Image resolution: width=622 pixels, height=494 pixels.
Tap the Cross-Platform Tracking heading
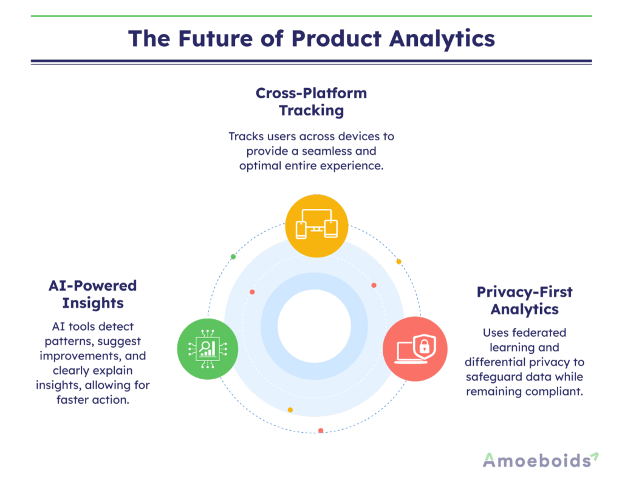coord(311,102)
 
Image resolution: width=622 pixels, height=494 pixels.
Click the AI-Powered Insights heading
coord(93,294)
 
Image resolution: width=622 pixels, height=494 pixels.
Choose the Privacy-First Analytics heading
coord(524,300)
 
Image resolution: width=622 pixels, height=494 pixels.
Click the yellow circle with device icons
coord(316,226)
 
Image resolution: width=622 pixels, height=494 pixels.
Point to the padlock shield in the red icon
coord(425,347)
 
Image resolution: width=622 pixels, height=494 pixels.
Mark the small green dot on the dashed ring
coord(233,257)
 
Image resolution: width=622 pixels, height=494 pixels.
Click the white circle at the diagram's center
coord(314,325)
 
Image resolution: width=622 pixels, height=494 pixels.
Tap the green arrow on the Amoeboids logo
coord(595,456)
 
